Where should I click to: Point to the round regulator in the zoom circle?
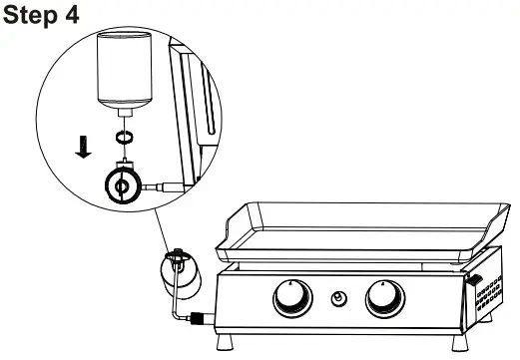coord(121,185)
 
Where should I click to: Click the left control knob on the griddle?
coord(290,296)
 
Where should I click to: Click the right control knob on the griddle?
coord(384,296)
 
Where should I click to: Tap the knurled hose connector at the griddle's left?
coord(199,319)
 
